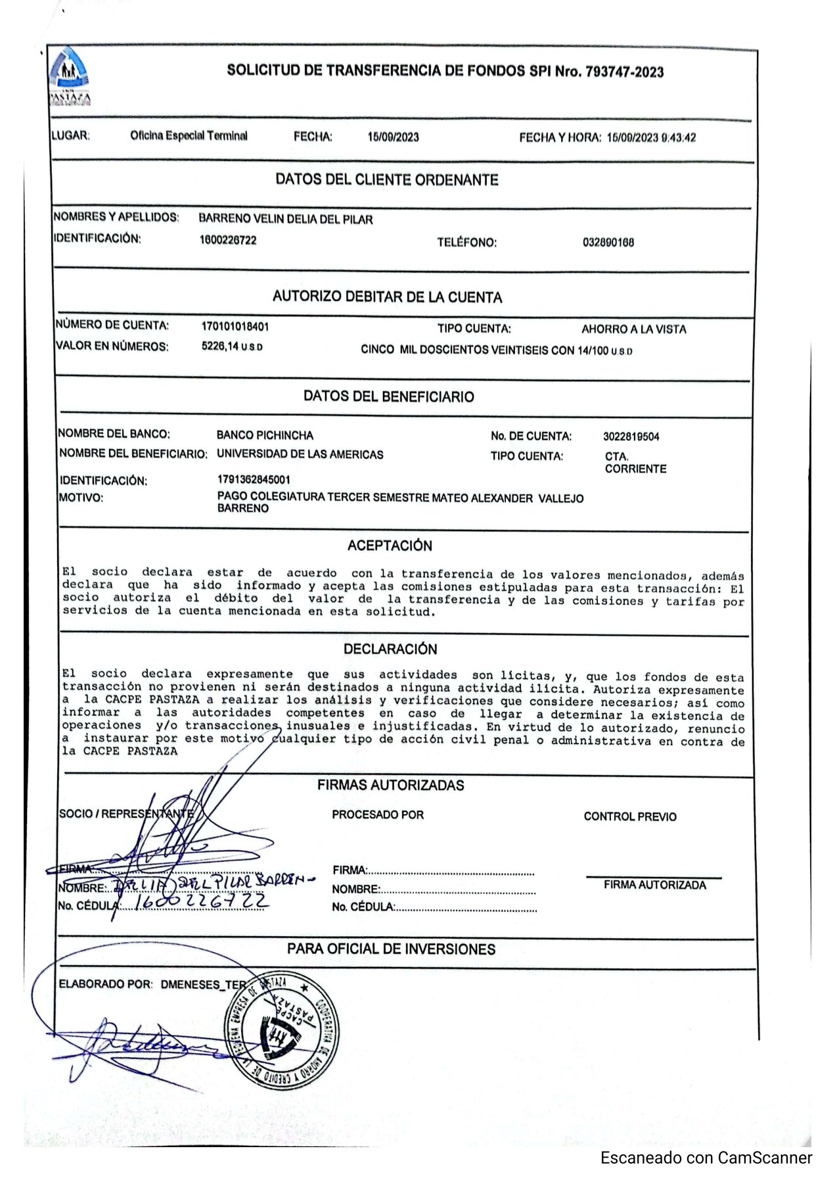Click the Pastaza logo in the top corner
tap(70, 76)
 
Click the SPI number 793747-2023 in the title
tap(624, 72)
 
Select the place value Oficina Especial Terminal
tap(189, 136)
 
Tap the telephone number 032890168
tap(608, 243)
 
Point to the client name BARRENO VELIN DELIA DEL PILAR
tap(285, 220)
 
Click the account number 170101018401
tap(235, 327)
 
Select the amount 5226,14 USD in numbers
tap(231, 346)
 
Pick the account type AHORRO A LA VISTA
tap(633, 329)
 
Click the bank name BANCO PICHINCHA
tap(265, 435)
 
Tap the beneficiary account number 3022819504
tap(631, 437)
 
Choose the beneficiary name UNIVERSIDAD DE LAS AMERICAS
tap(300, 454)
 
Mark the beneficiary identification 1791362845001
tap(253, 480)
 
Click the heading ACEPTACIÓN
tap(390, 546)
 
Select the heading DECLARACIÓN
tap(390, 649)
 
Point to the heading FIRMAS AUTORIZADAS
tap(390, 785)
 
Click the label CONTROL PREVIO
tap(629, 816)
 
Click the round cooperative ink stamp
tap(282, 1029)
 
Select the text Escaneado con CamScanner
tap(706, 1158)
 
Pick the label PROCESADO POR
tap(378, 815)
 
